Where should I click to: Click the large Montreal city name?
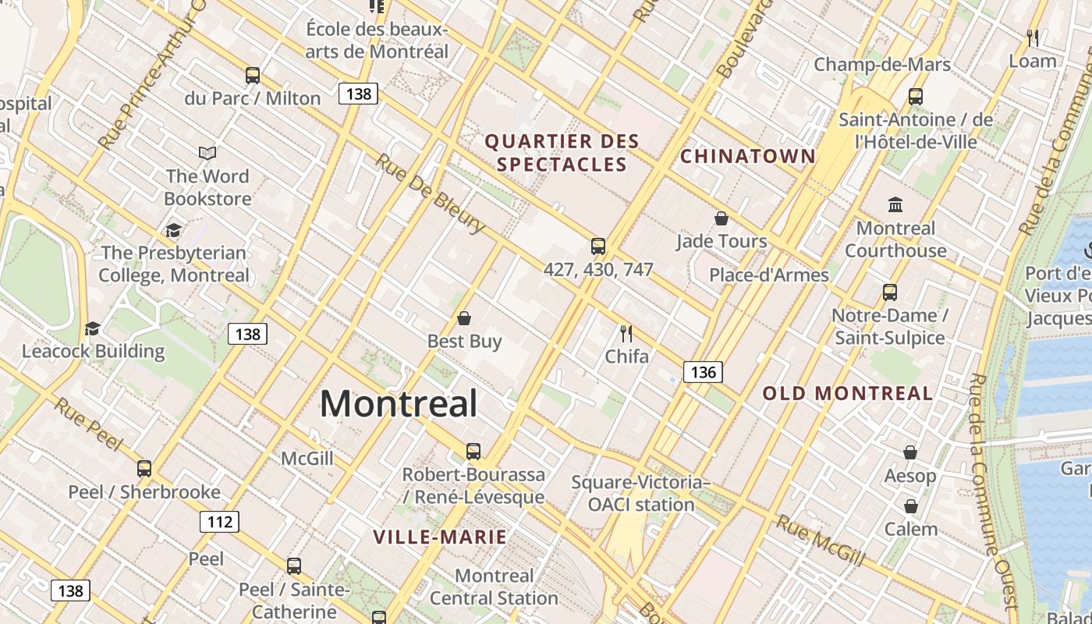(399, 404)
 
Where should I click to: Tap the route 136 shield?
(703, 372)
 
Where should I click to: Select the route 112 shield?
(219, 522)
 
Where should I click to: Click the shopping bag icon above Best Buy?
(464, 318)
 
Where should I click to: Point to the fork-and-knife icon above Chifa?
(626, 334)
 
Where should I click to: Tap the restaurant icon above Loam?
(1033, 37)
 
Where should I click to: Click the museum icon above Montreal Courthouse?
(895, 205)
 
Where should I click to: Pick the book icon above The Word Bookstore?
(207, 153)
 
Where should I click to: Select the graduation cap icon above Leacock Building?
(93, 328)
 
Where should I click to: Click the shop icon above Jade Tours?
(721, 218)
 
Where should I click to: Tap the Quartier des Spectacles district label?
(562, 153)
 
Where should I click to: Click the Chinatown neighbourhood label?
(748, 156)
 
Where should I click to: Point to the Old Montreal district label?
(848, 393)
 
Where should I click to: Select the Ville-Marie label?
(440, 537)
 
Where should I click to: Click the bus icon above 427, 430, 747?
(598, 246)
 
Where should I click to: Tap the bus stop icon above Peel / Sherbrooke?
(144, 469)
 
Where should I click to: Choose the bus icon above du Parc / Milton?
(252, 76)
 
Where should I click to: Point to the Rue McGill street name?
(821, 541)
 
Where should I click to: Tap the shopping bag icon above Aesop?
(910, 452)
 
